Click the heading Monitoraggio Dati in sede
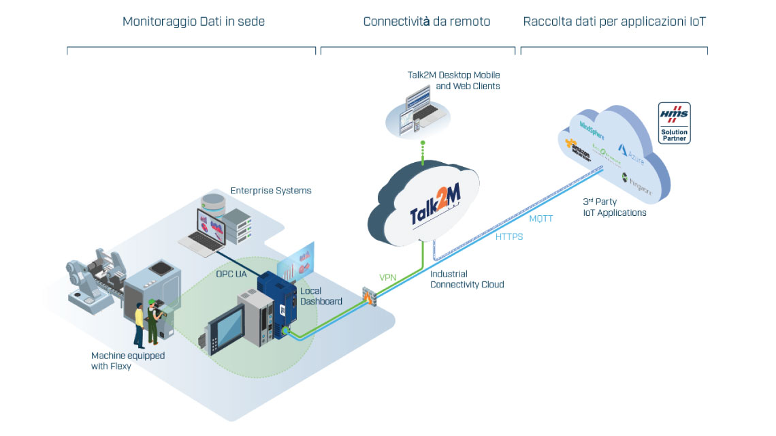pos(193,22)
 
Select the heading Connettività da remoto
pos(426,22)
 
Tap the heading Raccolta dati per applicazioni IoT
pos(614,22)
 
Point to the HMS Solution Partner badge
pos(674,123)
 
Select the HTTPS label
pos(509,237)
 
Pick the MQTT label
pos(543,219)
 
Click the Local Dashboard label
pos(321,296)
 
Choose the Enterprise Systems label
pos(271,191)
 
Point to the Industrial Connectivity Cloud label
pos(467,279)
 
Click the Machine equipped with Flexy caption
pos(128,361)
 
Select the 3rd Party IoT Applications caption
pos(614,207)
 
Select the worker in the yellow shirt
pos(140,324)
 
